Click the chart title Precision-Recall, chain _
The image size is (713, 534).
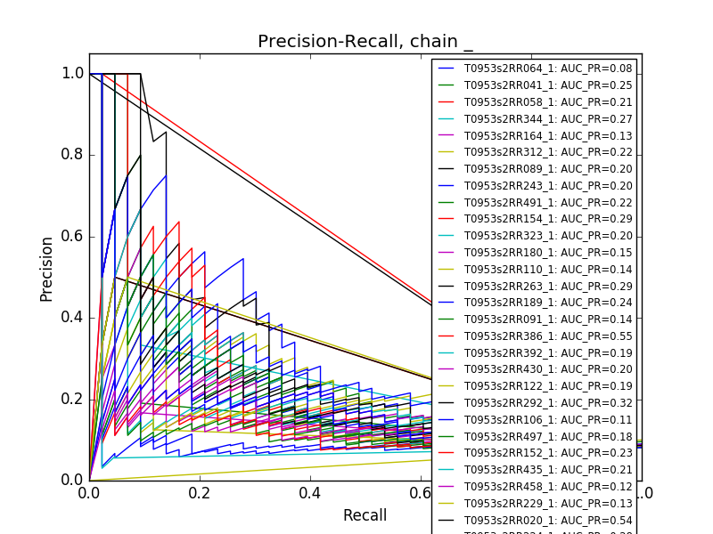pyautogui.click(x=365, y=42)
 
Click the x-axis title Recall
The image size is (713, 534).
pyautogui.click(x=365, y=515)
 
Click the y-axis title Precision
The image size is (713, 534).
pyautogui.click(x=47, y=268)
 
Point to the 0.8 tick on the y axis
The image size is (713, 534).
pyautogui.click(x=73, y=155)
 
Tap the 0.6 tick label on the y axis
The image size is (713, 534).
pyautogui.click(x=73, y=236)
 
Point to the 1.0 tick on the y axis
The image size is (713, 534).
pyautogui.click(x=73, y=73)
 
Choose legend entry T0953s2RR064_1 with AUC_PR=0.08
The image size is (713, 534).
pyautogui.click(x=535, y=69)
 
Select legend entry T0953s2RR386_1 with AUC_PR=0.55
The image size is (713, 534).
pyautogui.click(x=535, y=336)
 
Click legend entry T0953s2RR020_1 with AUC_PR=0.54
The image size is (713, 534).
pyautogui.click(x=535, y=520)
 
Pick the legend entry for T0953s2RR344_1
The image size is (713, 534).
pyautogui.click(x=535, y=118)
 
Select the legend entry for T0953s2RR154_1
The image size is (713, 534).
pyautogui.click(x=535, y=219)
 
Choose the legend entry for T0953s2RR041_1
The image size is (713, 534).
pyautogui.click(x=535, y=85)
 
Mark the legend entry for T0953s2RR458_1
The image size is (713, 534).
pyautogui.click(x=535, y=486)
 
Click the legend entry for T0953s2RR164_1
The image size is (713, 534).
pyautogui.click(x=535, y=135)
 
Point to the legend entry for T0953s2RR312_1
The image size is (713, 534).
pyautogui.click(x=535, y=152)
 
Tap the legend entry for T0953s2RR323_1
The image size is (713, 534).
pyautogui.click(x=535, y=236)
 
